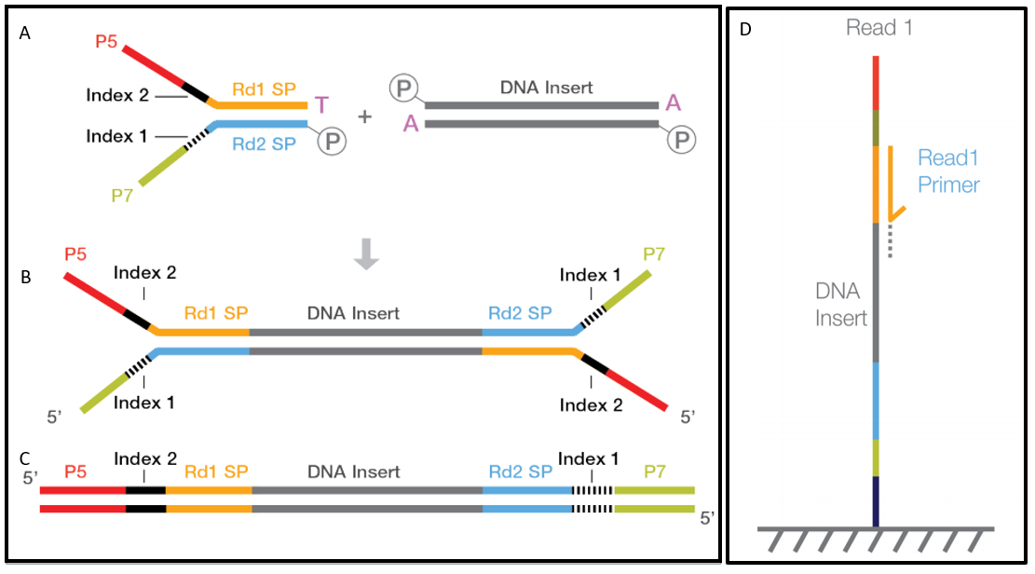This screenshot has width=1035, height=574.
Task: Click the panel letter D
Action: point(745,29)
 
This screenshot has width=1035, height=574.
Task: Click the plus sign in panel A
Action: point(364,116)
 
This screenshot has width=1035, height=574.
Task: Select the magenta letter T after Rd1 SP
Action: point(320,104)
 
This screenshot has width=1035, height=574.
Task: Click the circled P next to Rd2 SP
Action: point(331,141)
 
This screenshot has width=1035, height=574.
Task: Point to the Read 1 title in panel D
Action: point(878,28)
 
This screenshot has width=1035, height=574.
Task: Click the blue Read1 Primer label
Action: point(948,171)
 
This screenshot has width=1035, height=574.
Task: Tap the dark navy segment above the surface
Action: point(876,500)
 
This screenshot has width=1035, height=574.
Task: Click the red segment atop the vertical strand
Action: point(876,82)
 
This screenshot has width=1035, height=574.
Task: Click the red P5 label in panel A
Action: point(107,42)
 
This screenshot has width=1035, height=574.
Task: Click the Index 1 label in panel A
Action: point(116,136)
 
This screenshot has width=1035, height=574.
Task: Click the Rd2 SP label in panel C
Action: point(519,471)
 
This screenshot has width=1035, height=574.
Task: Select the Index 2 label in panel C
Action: point(144,459)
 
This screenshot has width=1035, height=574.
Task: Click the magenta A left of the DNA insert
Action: point(411,124)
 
